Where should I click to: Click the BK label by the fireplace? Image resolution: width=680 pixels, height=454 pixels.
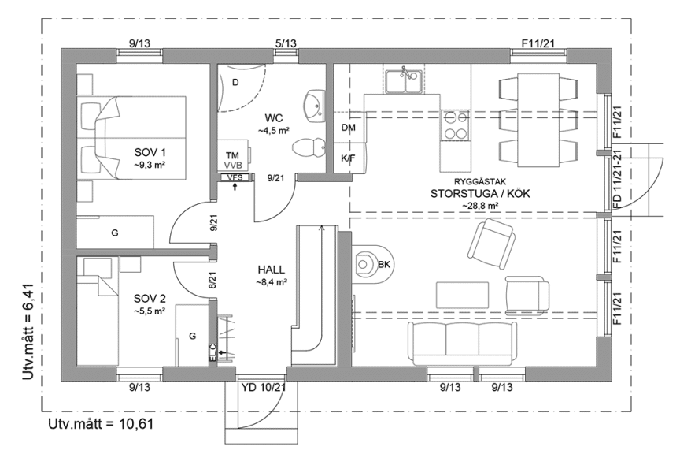coord(384,264)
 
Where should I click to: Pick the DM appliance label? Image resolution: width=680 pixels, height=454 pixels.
coord(348,127)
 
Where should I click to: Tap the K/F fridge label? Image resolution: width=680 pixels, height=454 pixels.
coord(348,158)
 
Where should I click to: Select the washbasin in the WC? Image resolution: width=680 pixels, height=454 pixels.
coord(313,104)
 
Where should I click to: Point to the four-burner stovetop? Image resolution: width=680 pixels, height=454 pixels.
coord(454,125)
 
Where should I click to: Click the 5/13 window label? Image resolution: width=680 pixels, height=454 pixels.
coord(285,43)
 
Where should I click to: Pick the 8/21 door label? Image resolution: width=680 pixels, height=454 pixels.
coord(213,279)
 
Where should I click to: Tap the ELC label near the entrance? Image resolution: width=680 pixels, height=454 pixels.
coord(213,353)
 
